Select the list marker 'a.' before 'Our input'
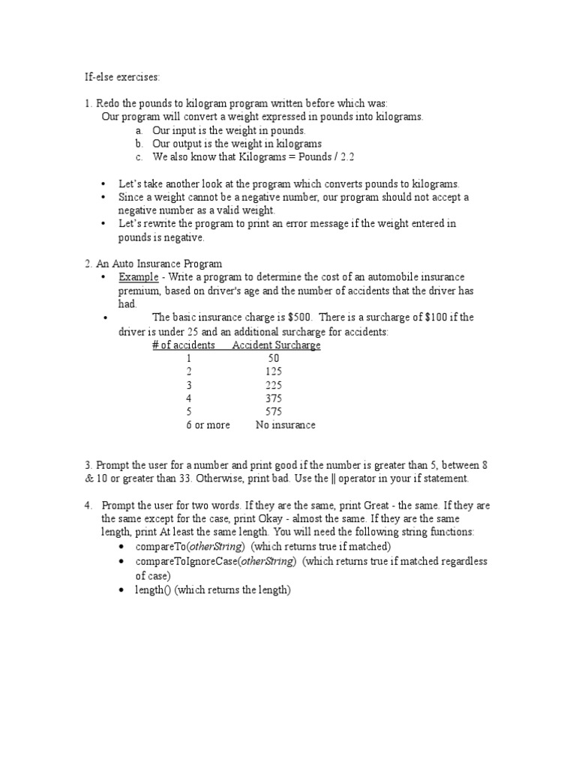140,130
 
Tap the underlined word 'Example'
138,277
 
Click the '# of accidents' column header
184,345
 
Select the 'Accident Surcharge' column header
276,345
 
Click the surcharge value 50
273,359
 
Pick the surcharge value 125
273,372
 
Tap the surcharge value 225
273,386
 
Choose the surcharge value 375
273,399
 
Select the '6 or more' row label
208,425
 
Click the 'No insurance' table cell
285,425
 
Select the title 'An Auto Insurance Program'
159,264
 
